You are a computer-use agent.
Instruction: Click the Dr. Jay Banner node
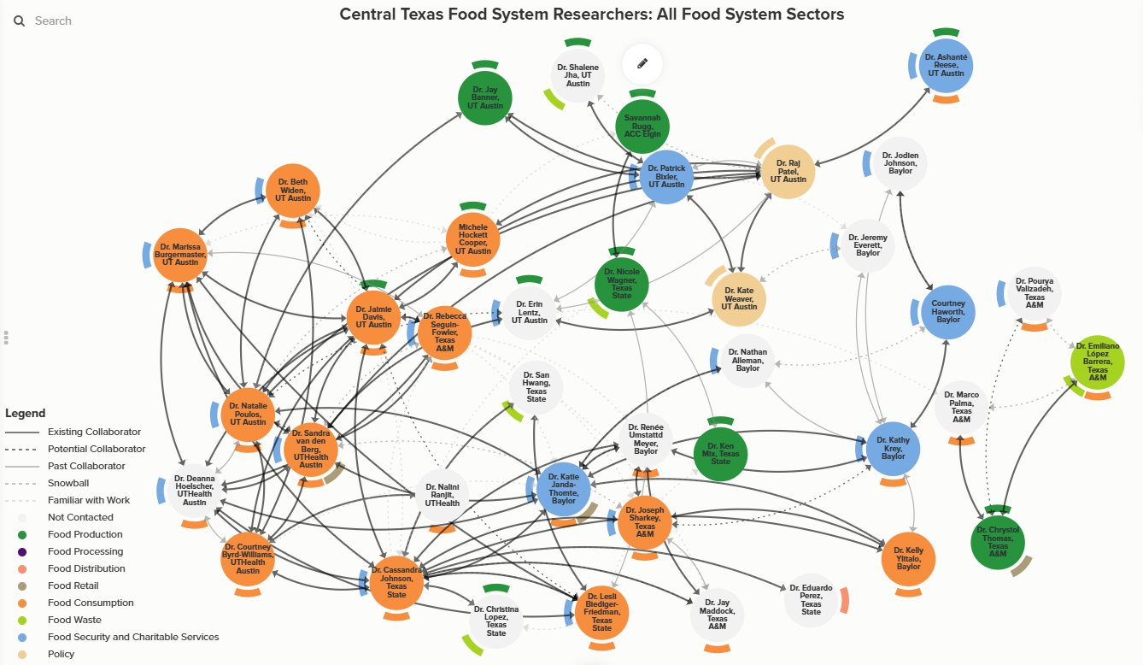click(484, 98)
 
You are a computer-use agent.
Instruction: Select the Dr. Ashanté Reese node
click(945, 66)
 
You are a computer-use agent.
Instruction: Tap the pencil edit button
click(642, 63)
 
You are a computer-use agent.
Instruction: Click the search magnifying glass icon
click(20, 21)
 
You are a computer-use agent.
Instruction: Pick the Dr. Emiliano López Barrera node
click(1097, 362)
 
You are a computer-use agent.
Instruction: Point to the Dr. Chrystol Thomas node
click(997, 542)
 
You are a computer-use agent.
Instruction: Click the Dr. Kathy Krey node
click(893, 449)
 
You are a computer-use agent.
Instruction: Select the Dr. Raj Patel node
click(788, 172)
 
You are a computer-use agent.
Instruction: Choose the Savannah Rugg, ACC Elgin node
click(642, 127)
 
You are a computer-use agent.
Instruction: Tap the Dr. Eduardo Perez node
click(811, 599)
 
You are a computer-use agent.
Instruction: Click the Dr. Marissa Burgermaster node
click(180, 256)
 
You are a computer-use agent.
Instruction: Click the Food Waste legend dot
click(22, 620)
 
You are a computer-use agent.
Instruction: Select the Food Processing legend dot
click(22, 551)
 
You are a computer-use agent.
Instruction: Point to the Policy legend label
click(62, 654)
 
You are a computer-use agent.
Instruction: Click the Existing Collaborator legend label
click(94, 432)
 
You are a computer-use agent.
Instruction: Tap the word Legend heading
click(25, 413)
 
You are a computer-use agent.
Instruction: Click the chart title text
click(591, 15)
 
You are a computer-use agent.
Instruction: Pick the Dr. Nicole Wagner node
click(621, 282)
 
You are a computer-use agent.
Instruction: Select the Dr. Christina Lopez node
click(495, 621)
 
